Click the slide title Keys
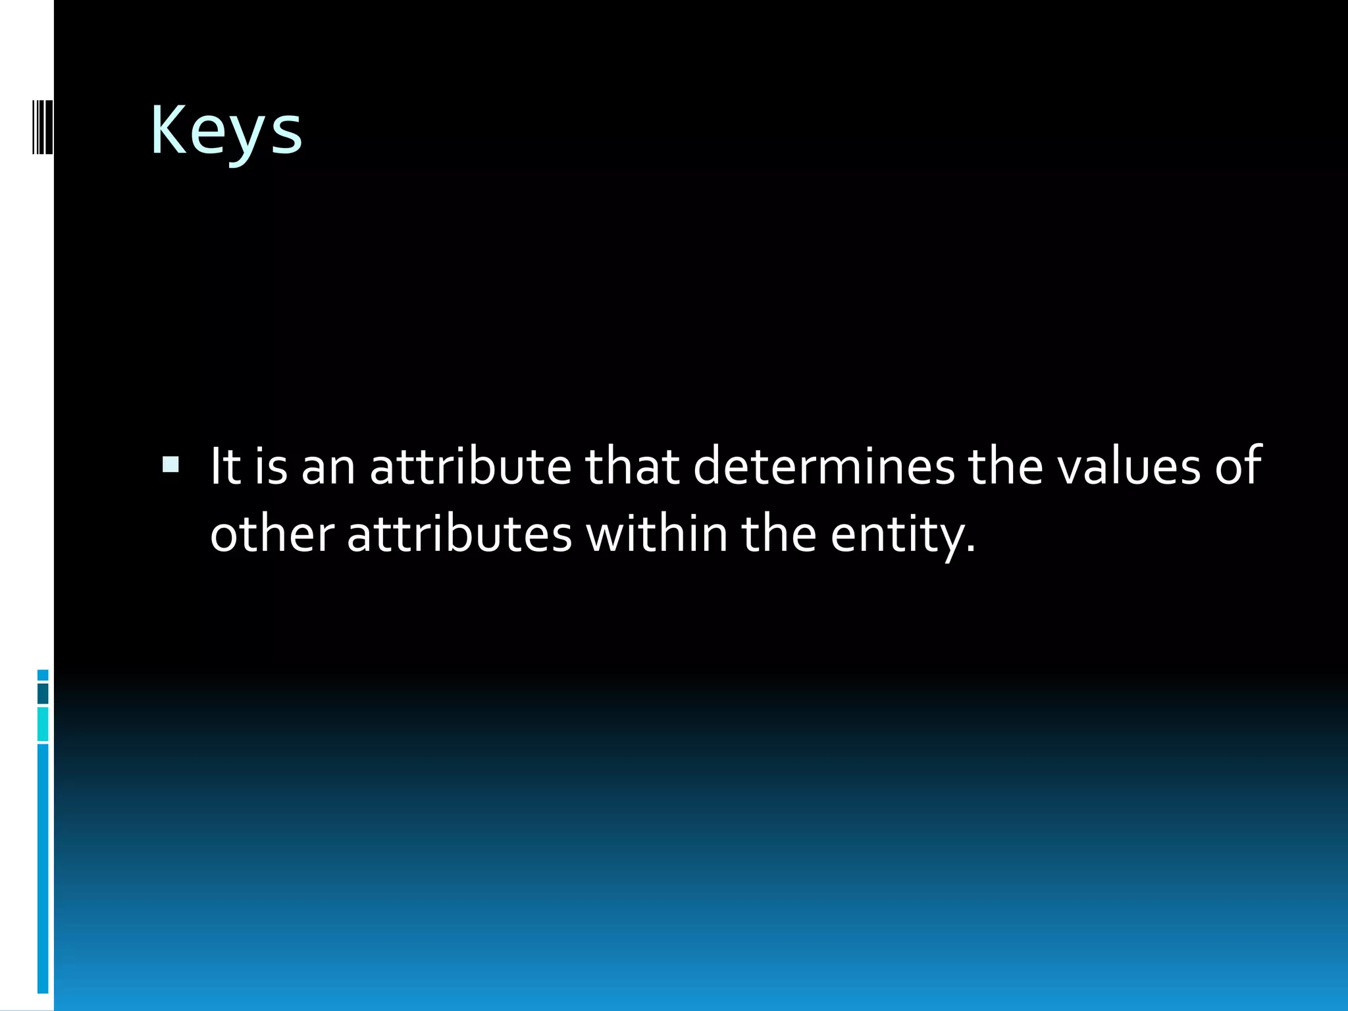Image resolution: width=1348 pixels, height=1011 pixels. click(x=226, y=132)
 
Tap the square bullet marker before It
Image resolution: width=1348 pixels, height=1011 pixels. click(x=170, y=466)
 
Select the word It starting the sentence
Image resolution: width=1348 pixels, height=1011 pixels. click(x=225, y=466)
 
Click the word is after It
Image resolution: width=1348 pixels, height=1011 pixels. click(x=271, y=466)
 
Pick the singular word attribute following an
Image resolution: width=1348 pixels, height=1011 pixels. click(x=470, y=466)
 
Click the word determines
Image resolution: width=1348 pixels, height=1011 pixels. click(x=823, y=466)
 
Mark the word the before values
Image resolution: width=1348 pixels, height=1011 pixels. click(x=1006, y=466)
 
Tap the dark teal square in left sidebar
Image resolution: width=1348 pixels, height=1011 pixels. click(x=43, y=694)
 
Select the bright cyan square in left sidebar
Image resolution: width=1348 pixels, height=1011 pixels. click(x=43, y=724)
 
